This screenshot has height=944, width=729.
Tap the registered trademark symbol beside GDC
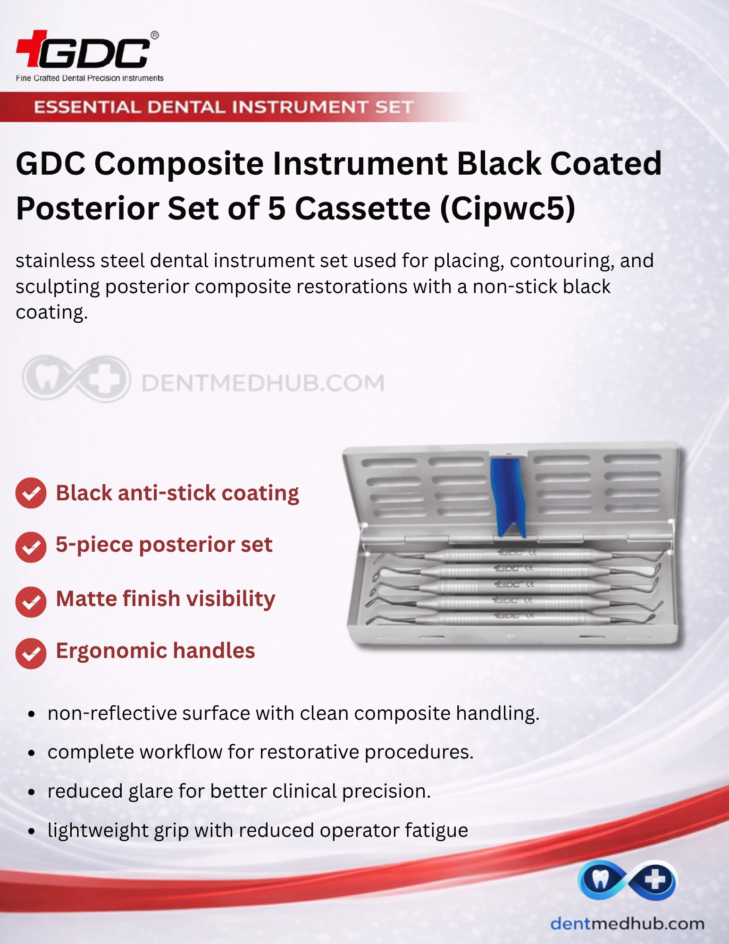(x=154, y=35)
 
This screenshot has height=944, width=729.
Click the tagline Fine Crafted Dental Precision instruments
(x=90, y=78)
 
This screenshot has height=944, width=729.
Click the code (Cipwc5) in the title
(x=508, y=209)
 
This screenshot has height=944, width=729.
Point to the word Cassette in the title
(x=363, y=208)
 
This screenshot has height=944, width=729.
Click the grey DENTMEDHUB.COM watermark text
(x=263, y=383)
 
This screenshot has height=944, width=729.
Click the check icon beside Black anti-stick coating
(x=31, y=493)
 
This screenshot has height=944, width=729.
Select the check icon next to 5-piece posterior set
(x=31, y=547)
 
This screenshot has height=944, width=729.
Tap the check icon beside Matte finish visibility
(x=31, y=602)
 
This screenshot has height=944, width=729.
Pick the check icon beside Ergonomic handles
(x=31, y=654)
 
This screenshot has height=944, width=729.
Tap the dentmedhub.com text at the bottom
(x=628, y=924)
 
